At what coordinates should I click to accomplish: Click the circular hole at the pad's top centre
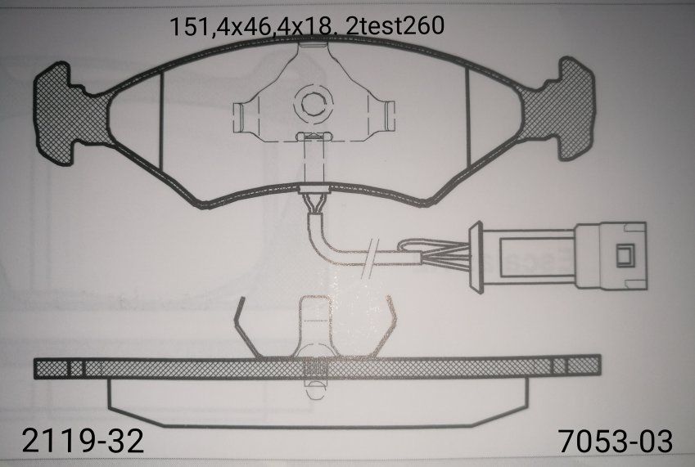(313, 103)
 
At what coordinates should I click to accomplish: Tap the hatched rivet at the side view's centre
(314, 373)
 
